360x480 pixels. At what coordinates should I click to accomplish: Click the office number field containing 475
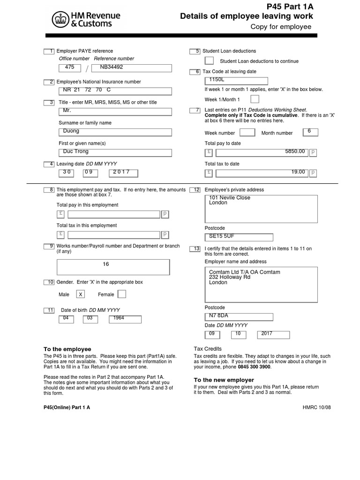[x=69, y=68]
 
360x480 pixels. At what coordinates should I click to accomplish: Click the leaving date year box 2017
[x=125, y=173]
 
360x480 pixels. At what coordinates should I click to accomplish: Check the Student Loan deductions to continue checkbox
[x=210, y=61]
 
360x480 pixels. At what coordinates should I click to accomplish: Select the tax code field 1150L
[x=236, y=81]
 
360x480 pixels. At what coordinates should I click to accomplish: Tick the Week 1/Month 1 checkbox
[x=255, y=99]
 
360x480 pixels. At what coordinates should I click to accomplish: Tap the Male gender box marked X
[x=81, y=294]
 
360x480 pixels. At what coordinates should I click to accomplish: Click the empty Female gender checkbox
[x=121, y=294]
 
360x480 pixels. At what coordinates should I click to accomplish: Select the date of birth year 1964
[x=125, y=319]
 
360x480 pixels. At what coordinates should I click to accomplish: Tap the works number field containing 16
[x=112, y=267]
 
